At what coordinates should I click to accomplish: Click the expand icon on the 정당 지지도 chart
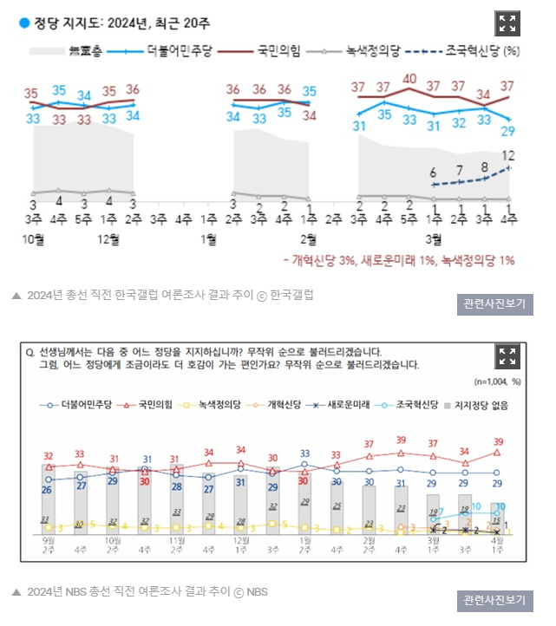coord(507,24)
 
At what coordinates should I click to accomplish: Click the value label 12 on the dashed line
coord(509,156)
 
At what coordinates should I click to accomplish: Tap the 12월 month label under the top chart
coord(109,238)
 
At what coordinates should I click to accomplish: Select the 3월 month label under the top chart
coord(435,238)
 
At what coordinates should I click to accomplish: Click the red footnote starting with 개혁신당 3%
coord(398,259)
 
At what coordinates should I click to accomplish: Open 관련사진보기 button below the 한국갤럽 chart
coord(494,304)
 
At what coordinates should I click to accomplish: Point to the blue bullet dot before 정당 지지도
coord(24,23)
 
